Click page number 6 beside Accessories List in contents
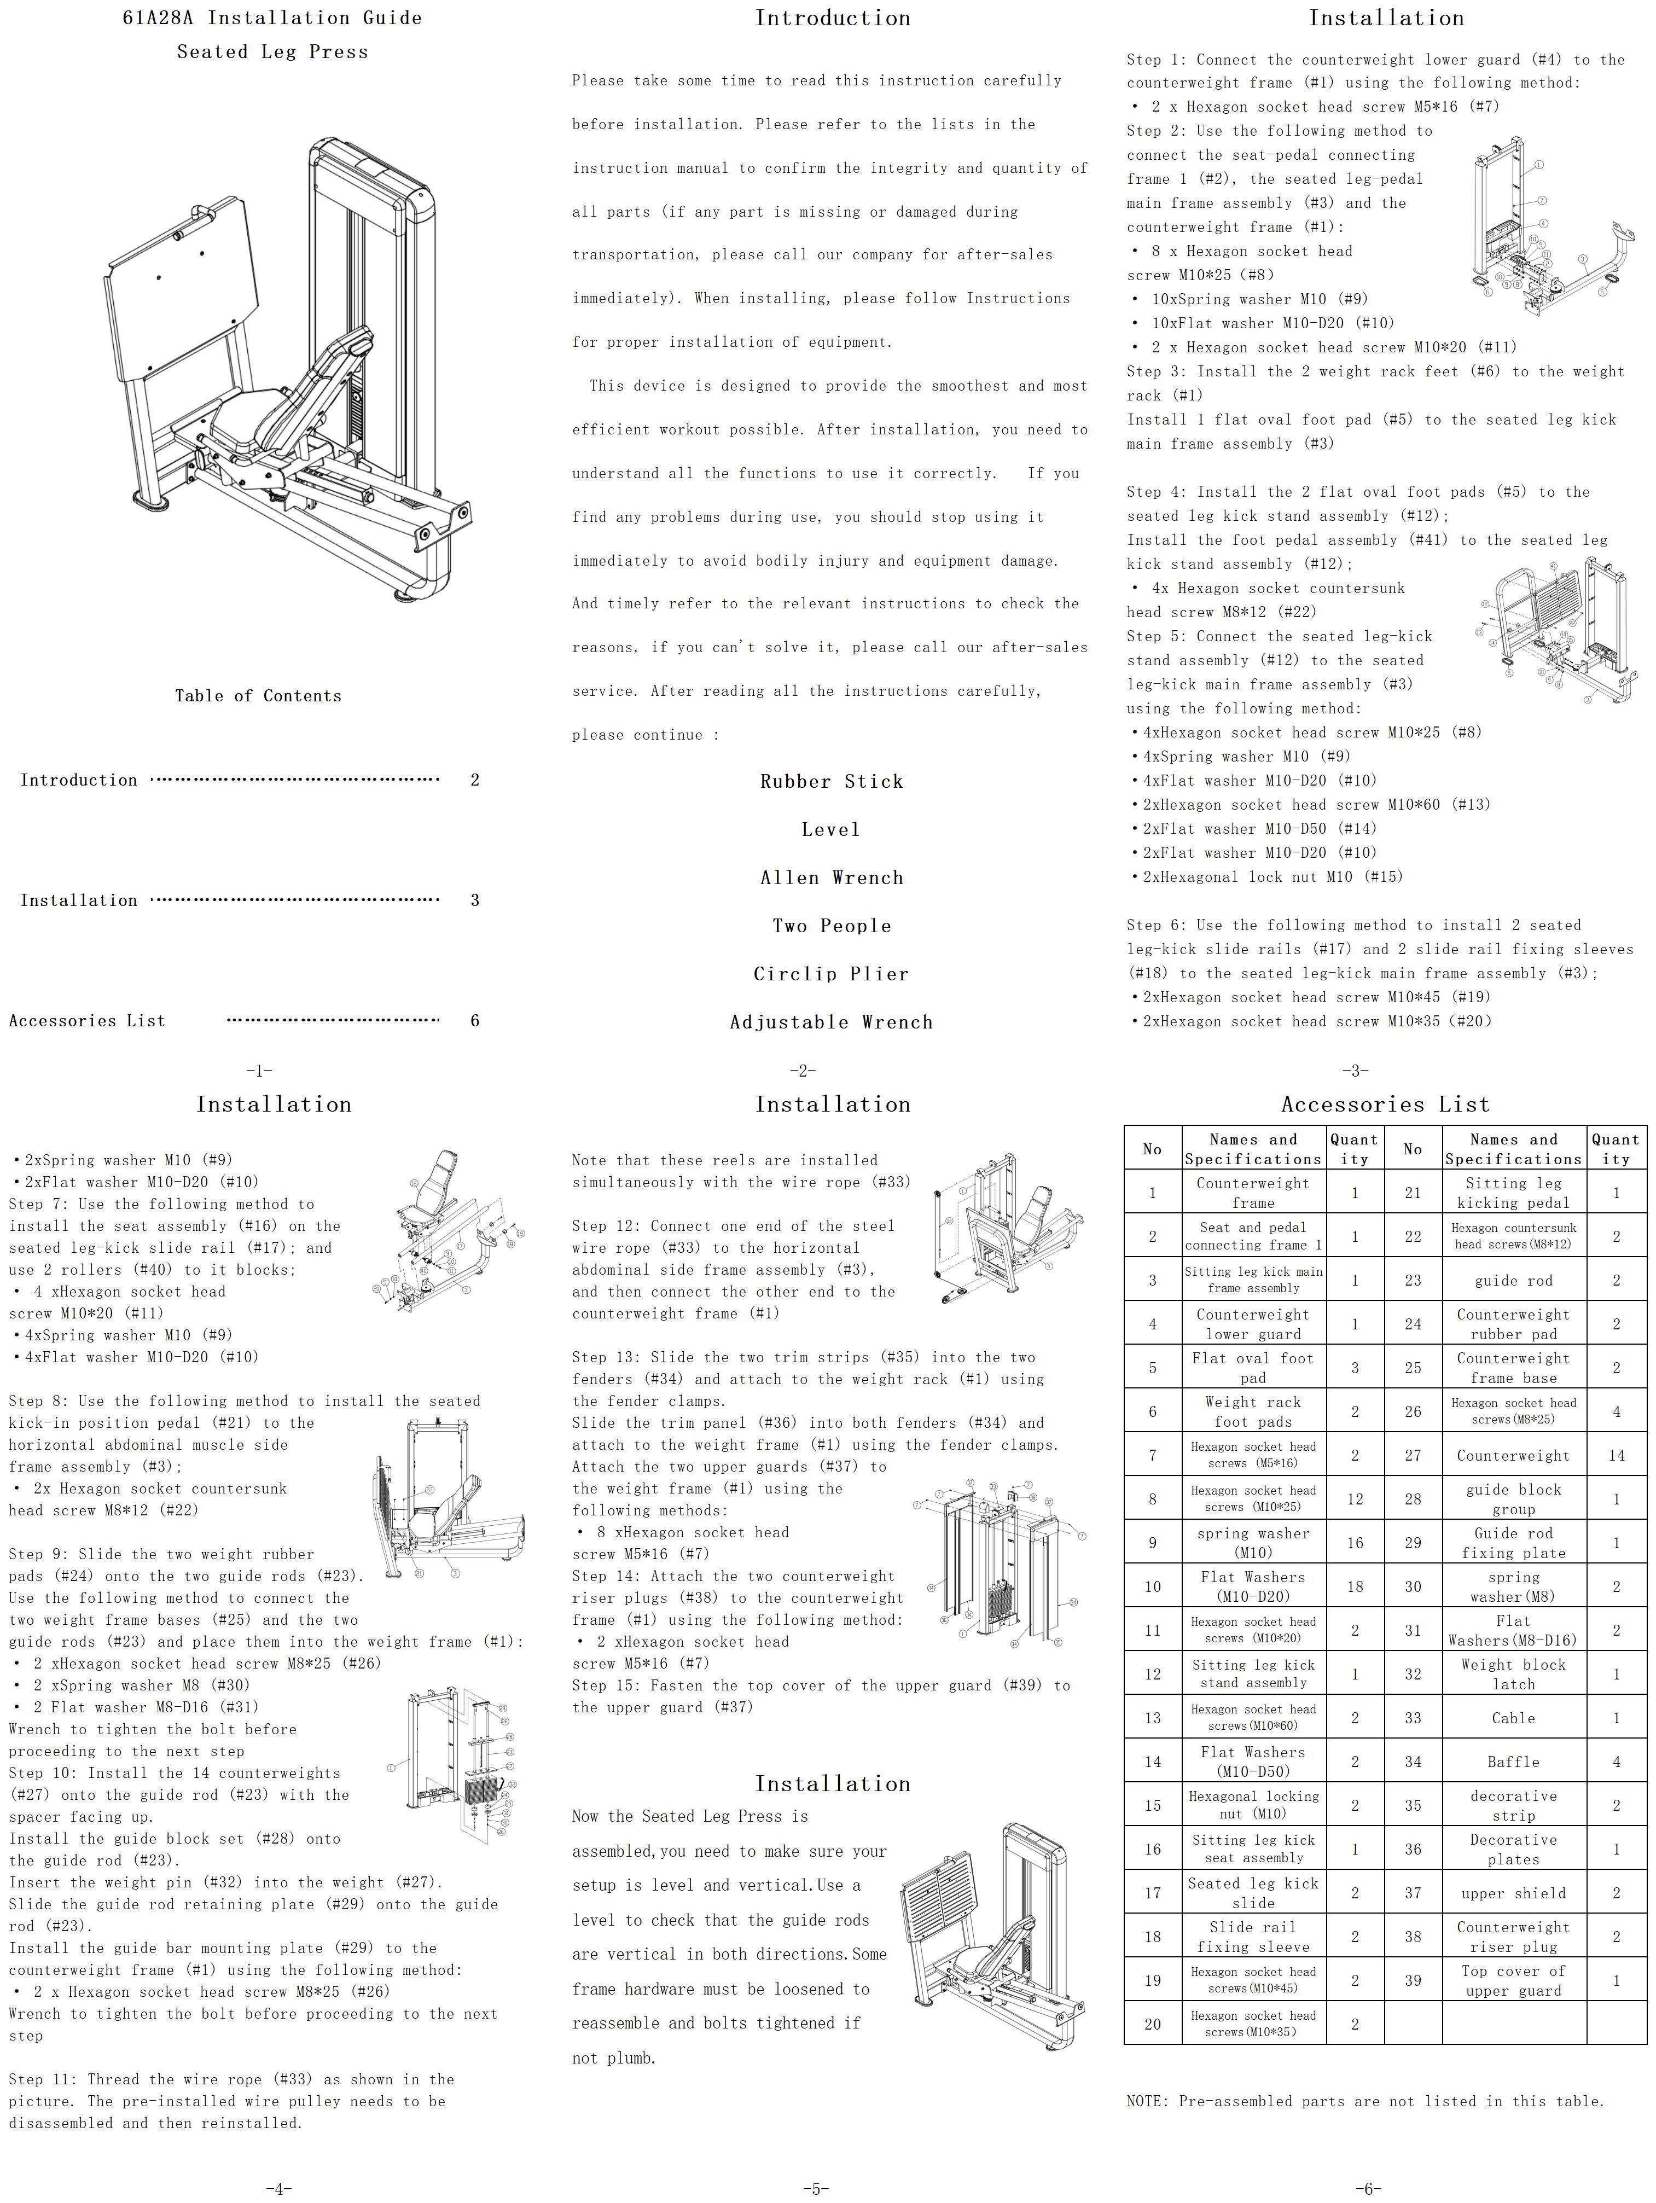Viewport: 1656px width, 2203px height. tap(475, 1020)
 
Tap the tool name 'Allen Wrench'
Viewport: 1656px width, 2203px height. tap(832, 877)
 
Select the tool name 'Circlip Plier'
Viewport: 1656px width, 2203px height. tap(832, 974)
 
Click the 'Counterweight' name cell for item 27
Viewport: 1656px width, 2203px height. tap(1513, 1455)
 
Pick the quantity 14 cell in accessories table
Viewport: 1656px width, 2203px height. tap(1615, 1455)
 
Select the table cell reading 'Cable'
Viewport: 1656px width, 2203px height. tap(1513, 1718)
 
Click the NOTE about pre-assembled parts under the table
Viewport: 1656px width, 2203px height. tap(1364, 2100)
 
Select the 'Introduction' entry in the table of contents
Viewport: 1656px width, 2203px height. tap(79, 780)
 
